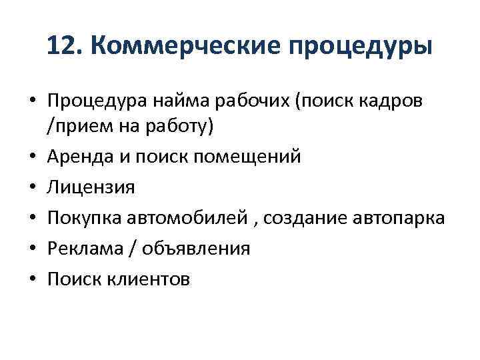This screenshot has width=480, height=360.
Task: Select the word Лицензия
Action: tap(91, 187)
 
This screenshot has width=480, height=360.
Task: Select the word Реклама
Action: tap(85, 249)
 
